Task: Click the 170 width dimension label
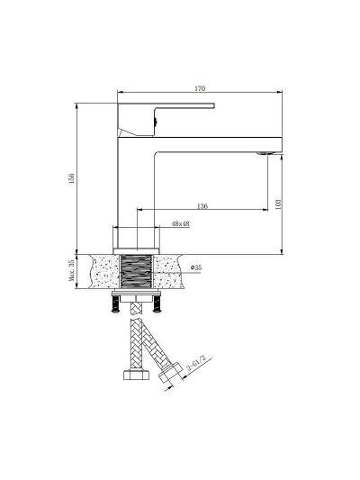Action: tap(200, 88)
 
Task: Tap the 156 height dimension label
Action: tap(72, 178)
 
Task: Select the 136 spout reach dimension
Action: tap(202, 205)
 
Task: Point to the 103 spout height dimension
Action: tap(278, 204)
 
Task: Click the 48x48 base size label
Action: tap(181, 223)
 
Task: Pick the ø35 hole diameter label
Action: tap(196, 267)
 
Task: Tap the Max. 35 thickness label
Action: tap(71, 270)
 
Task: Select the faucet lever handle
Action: tap(166, 119)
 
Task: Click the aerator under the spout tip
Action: tap(266, 153)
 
